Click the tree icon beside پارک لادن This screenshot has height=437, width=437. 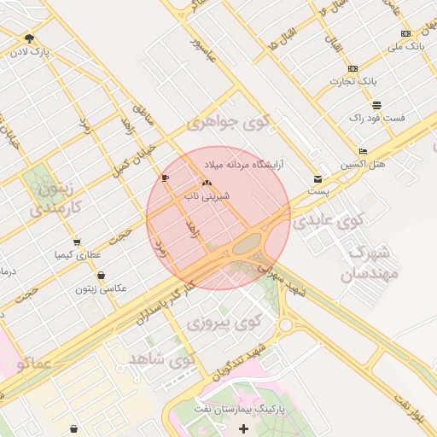point(30,38)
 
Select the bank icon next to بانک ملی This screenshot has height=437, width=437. point(405,33)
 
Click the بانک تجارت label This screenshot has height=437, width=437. point(353,81)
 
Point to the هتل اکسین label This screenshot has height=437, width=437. point(363,163)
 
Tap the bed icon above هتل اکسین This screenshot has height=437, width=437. point(363,151)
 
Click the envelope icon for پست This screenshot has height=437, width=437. point(318,180)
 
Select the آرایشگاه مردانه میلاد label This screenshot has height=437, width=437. point(248,162)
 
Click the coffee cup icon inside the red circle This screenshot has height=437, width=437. point(165,178)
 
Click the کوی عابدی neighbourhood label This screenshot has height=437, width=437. point(328,222)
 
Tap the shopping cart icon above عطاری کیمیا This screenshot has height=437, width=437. point(78,242)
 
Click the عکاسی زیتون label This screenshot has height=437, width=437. point(101,288)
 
